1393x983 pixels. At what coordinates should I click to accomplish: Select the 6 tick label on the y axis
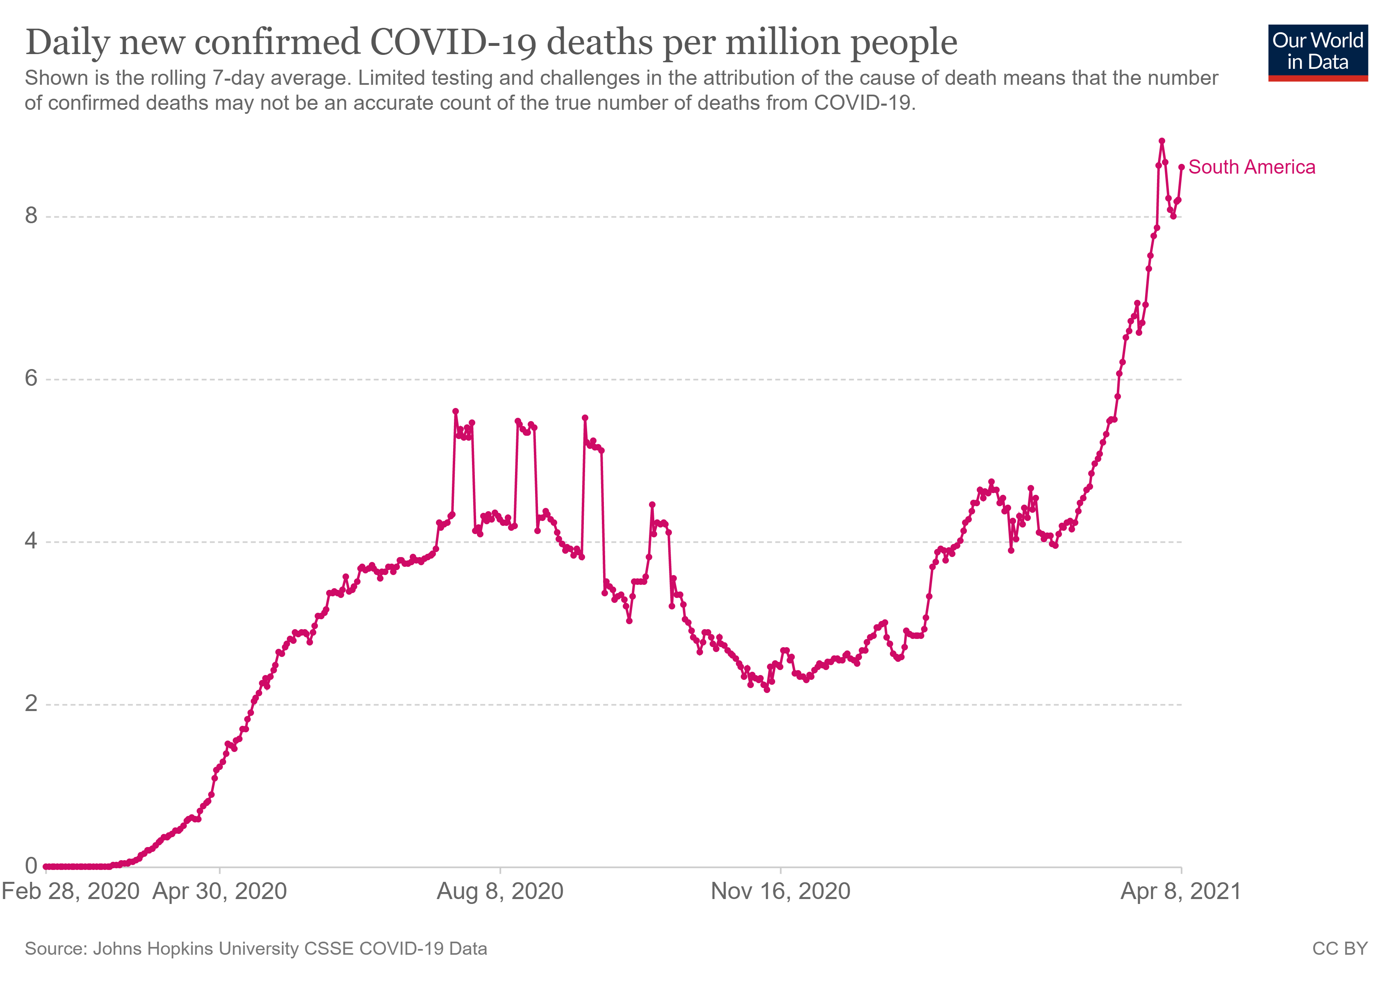click(31, 378)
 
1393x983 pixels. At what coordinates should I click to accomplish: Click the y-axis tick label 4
click(31, 541)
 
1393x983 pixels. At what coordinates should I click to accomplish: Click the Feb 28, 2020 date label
click(70, 891)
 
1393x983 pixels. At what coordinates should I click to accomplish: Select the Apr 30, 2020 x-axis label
click(220, 891)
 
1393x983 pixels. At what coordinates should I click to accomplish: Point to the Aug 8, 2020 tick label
click(500, 891)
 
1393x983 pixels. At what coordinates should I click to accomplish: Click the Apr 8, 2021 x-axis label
click(1181, 891)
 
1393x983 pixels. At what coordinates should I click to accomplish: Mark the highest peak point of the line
click(1162, 140)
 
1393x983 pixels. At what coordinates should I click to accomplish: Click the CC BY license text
click(1340, 949)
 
